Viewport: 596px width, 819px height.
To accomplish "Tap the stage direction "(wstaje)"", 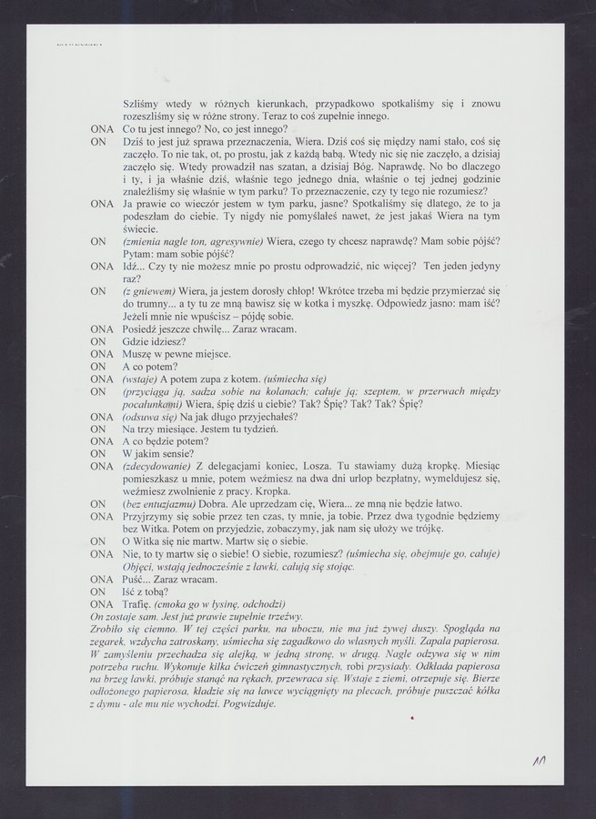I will point(139,378).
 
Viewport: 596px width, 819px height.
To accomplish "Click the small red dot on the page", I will point(412,719).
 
